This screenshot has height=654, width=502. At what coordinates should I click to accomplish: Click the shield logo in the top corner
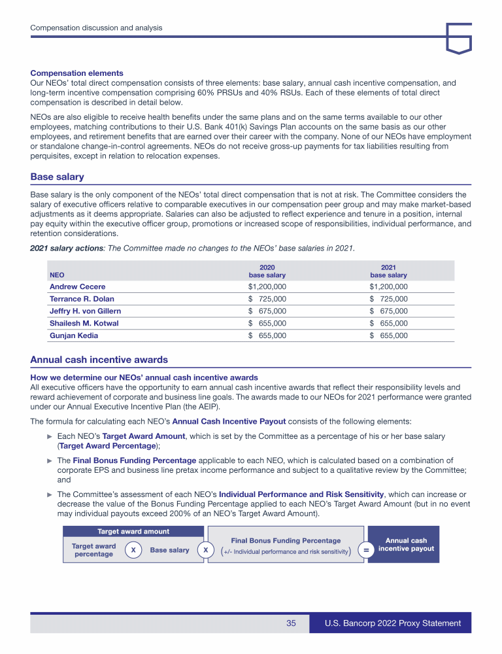(459, 39)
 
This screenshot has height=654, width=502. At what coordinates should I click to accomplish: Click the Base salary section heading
(58, 177)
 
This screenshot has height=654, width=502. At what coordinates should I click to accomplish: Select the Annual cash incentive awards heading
(99, 360)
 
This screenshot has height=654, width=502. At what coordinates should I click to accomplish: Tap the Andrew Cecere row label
(77, 286)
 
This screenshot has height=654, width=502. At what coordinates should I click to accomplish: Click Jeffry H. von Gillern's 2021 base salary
(388, 311)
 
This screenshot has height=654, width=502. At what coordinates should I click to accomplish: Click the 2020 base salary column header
(267, 271)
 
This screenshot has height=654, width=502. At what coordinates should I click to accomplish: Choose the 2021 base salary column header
(388, 271)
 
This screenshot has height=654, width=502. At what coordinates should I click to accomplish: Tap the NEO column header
(58, 275)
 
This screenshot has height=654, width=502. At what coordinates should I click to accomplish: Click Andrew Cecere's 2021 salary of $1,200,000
(388, 286)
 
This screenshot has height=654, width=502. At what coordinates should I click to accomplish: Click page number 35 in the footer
(291, 623)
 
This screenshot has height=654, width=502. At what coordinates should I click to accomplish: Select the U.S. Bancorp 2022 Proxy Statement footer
(393, 623)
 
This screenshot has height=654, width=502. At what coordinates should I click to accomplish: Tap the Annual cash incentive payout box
(406, 545)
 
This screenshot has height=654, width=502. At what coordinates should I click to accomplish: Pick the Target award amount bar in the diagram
(133, 531)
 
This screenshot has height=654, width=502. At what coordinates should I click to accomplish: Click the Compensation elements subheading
(76, 73)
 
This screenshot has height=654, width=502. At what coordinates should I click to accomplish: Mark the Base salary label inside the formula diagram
(169, 550)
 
